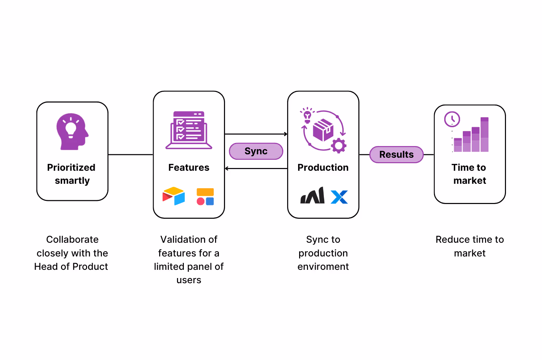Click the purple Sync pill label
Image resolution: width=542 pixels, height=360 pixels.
[x=256, y=151]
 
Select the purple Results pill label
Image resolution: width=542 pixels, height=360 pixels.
[x=396, y=155]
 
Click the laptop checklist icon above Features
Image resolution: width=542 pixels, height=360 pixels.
[x=189, y=130]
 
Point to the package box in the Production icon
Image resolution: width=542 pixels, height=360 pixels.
[x=323, y=130]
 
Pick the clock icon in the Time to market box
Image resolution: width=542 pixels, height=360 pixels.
[x=452, y=119]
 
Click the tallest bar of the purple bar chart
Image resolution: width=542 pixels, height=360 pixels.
[x=484, y=135]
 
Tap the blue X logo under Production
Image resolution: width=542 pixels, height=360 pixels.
[x=339, y=197]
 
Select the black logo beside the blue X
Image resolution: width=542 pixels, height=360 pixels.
[x=313, y=196]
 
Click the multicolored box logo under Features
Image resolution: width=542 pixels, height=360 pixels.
[x=174, y=196]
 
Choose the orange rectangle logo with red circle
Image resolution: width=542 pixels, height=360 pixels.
[x=205, y=196]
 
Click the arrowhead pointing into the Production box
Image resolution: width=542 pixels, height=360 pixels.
[x=286, y=134]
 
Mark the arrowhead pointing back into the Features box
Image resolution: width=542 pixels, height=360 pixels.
[x=227, y=169]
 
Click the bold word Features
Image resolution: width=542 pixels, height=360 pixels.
[x=189, y=167]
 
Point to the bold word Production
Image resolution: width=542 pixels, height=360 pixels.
[x=323, y=167]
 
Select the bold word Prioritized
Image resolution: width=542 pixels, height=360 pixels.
[x=71, y=167]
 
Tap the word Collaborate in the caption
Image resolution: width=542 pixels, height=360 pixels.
[x=72, y=239]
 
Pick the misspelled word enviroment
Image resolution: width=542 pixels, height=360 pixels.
[x=323, y=266]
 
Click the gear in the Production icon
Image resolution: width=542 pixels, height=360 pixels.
[x=339, y=146]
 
